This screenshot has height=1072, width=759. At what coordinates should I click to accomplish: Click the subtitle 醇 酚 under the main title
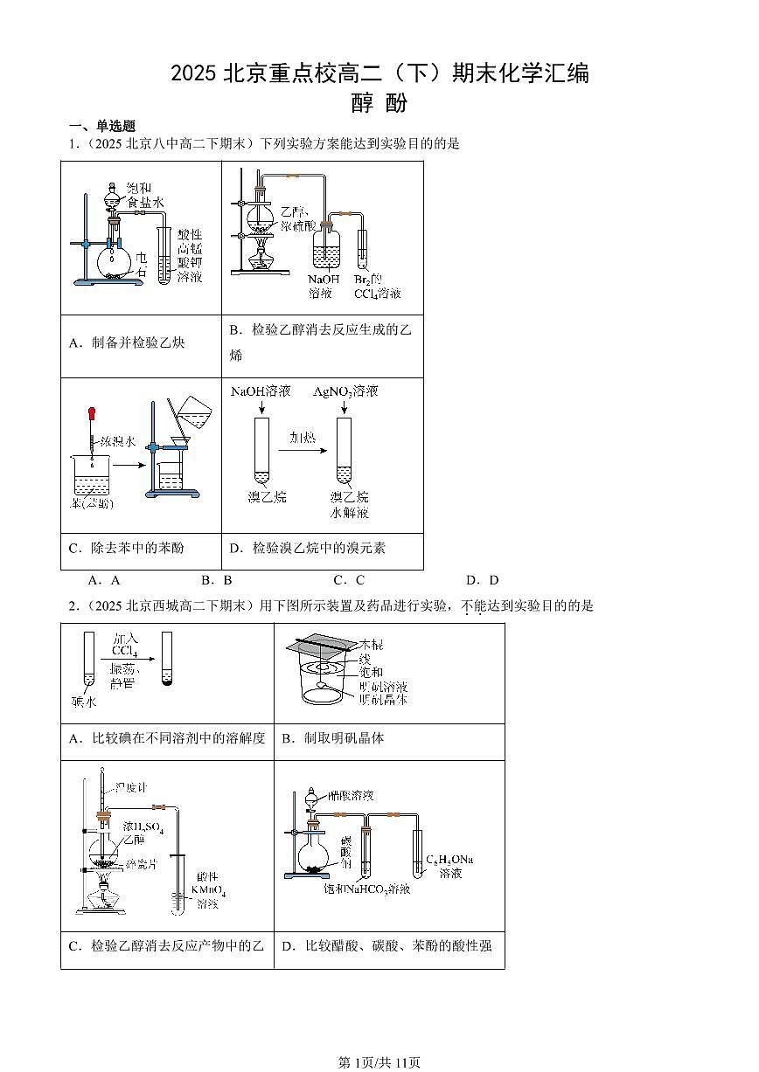point(379,104)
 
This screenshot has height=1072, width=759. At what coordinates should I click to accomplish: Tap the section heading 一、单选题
point(101,126)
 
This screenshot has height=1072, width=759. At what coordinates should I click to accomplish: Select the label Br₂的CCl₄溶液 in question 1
point(376,287)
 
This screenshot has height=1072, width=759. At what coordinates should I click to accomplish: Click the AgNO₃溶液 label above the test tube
point(345,391)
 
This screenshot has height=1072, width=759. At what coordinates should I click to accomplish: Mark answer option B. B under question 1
point(216,580)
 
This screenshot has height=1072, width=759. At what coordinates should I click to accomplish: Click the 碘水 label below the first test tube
point(83,699)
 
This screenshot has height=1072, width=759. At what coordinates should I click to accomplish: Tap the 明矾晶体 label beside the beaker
point(383,699)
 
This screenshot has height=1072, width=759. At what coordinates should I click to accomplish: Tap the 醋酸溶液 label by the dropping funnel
point(351,796)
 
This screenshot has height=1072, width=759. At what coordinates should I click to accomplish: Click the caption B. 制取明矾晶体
point(332,739)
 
